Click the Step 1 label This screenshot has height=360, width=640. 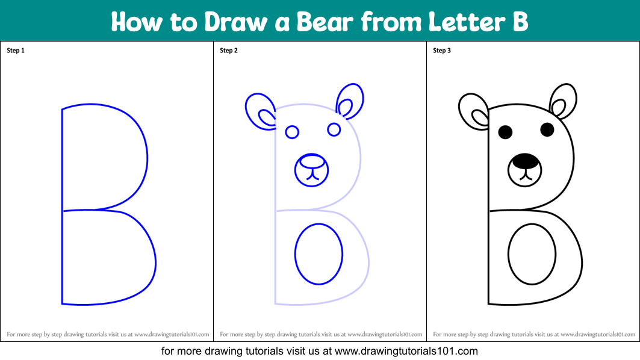coord(16,51)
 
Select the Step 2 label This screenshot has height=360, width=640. coord(229,51)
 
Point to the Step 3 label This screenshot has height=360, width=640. coord(442,51)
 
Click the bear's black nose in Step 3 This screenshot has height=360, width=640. coord(525,161)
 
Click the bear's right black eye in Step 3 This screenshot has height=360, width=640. coord(547,129)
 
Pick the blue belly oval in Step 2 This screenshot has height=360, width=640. coord(318,254)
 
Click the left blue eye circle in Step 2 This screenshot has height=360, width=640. coord(292,132)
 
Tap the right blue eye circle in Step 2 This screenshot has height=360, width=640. coord(334,129)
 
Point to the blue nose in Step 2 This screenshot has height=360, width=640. coord(312,161)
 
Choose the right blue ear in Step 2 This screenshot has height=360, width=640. coord(350,101)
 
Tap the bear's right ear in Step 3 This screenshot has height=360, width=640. coord(564,101)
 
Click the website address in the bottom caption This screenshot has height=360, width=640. coord(406,351)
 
